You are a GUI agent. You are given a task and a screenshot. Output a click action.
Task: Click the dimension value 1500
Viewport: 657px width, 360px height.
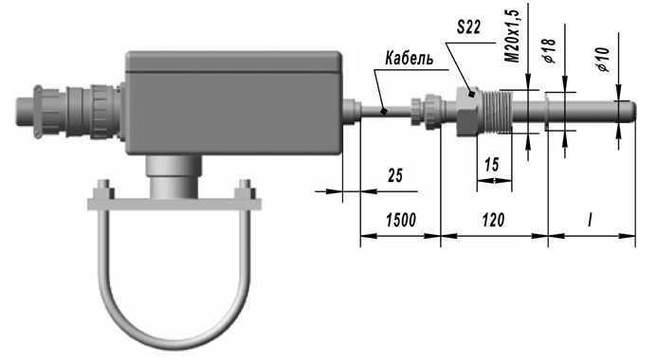click(401, 220)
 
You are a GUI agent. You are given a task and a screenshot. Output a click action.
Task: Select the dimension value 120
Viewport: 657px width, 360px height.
click(493, 220)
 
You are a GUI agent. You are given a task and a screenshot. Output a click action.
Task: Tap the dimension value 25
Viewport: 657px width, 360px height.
click(394, 175)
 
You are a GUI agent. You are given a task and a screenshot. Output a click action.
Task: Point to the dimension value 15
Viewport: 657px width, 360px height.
click(492, 165)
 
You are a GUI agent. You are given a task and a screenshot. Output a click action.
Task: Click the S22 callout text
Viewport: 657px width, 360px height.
click(468, 27)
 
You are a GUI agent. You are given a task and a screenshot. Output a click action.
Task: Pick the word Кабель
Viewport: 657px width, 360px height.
click(409, 58)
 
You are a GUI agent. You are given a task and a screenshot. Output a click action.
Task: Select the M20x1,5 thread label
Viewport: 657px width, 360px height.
click(512, 36)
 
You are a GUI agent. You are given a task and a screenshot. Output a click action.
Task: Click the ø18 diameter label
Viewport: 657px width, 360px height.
click(550, 50)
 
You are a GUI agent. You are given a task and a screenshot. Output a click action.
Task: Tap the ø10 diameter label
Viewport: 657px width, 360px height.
click(603, 59)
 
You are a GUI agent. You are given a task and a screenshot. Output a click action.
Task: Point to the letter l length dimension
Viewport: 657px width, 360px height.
click(591, 220)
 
